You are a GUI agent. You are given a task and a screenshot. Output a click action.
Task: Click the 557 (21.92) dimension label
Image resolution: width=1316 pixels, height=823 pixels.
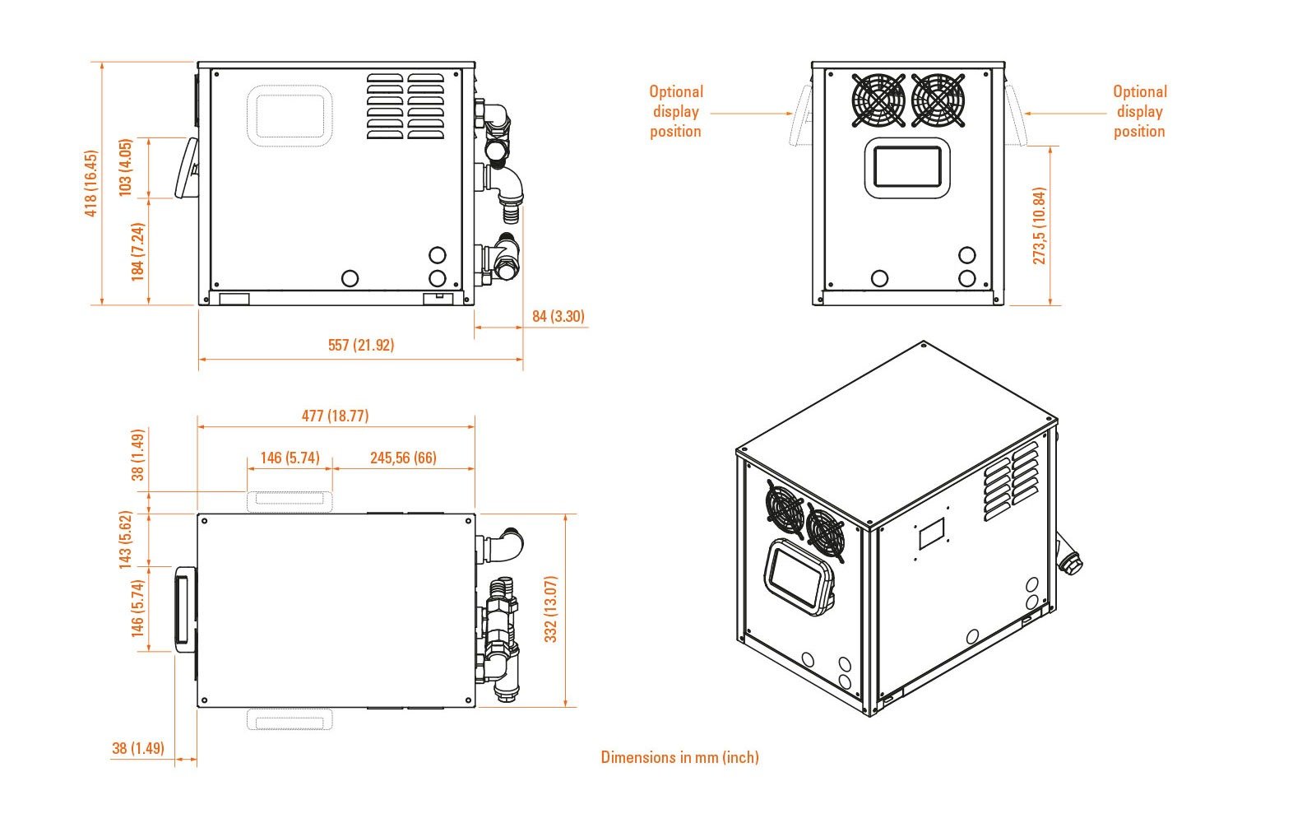(360, 345)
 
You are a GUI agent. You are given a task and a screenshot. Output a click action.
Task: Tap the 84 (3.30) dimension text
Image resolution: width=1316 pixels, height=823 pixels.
(558, 316)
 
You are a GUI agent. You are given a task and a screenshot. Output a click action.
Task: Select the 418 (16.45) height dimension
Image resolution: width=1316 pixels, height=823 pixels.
(91, 184)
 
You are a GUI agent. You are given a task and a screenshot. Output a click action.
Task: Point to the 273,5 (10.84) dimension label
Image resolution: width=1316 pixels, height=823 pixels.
(1040, 226)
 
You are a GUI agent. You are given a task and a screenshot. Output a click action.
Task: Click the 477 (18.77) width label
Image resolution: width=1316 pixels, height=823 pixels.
(335, 416)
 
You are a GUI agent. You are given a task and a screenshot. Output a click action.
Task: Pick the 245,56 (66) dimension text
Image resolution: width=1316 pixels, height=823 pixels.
(403, 458)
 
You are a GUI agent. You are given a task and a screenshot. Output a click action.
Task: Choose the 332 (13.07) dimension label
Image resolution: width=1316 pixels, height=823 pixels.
(551, 609)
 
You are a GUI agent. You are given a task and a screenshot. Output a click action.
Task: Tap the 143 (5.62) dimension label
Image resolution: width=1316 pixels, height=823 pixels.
(126, 540)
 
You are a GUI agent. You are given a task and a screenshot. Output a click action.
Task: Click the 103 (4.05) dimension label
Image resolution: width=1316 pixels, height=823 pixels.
(126, 167)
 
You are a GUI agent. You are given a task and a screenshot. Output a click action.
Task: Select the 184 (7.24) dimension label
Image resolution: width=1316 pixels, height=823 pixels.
(138, 252)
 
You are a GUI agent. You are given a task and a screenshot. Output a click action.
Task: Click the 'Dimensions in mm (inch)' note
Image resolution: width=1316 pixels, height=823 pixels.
(679, 757)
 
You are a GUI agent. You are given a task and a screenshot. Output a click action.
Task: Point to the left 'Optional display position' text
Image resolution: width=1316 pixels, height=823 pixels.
(676, 111)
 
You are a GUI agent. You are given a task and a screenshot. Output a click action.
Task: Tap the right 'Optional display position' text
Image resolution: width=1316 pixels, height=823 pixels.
(1139, 111)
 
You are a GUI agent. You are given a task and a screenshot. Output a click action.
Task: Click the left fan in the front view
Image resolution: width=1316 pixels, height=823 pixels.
(878, 100)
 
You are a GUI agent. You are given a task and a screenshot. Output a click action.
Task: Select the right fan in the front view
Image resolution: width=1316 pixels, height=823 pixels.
(938, 100)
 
